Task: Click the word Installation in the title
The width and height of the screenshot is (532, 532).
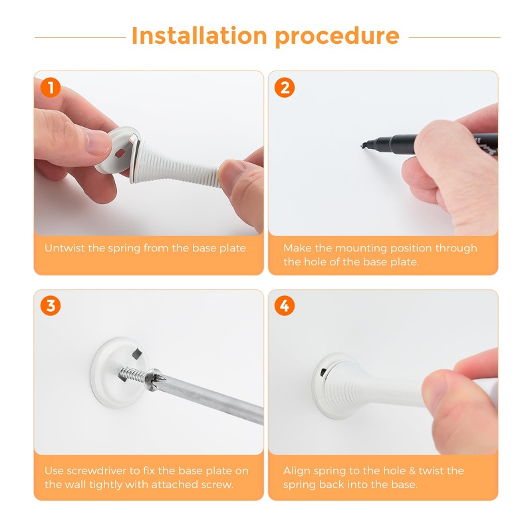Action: [x=199, y=36]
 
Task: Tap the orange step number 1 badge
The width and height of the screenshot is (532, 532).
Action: [x=51, y=88]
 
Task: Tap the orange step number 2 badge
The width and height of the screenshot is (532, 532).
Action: [x=285, y=88]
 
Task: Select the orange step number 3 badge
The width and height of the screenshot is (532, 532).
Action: [x=51, y=306]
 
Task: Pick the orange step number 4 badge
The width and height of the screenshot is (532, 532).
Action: [x=285, y=306]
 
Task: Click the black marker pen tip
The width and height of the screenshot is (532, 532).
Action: [x=364, y=146]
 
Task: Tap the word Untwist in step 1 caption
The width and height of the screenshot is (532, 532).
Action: [x=65, y=248]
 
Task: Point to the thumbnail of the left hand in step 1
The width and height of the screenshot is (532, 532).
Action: [x=98, y=142]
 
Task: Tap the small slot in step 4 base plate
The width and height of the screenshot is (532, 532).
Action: [x=323, y=372]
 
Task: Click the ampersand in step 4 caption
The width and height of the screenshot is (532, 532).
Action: [x=412, y=471]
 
